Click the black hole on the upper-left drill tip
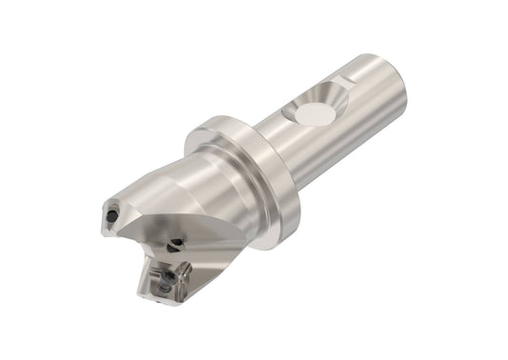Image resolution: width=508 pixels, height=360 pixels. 112,216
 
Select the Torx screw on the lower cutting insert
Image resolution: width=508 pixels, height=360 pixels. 168,277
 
